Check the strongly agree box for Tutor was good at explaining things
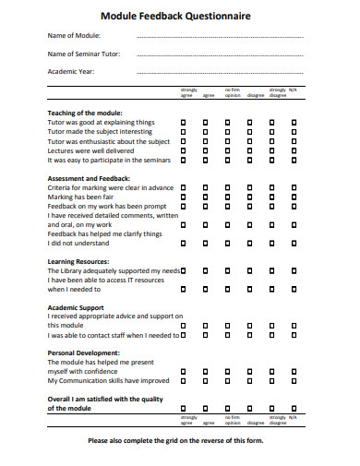pos(183,122)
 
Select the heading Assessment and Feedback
pos(89,177)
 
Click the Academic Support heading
pos(76,307)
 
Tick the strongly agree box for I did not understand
pos(183,244)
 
